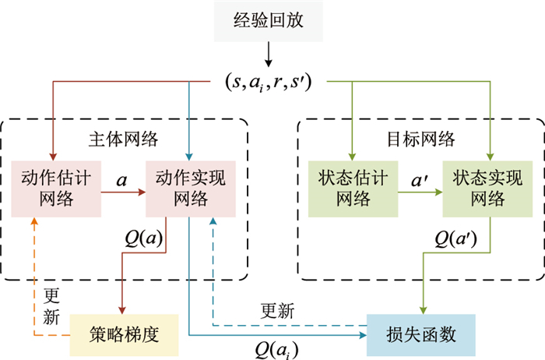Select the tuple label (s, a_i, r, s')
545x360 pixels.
(268, 80)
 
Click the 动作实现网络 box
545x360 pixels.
(191, 189)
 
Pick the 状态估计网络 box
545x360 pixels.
(353, 189)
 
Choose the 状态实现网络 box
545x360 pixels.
(488, 189)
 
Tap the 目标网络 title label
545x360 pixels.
(421, 139)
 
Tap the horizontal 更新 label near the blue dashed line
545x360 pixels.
(277, 312)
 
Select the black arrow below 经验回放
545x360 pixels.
(268, 55)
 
